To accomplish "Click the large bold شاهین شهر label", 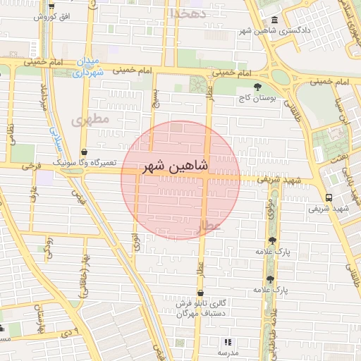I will [175, 167].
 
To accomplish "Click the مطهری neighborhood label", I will [90, 119].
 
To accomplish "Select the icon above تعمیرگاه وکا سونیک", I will [85, 151].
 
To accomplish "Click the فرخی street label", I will [29, 167].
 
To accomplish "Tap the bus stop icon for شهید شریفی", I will [329, 197].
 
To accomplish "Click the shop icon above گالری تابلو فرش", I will [202, 293].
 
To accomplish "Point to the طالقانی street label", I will [289, 107].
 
